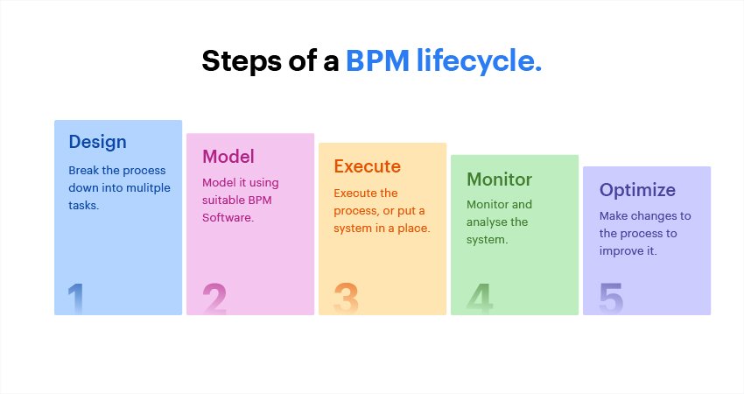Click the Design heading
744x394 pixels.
97,142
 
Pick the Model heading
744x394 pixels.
228,157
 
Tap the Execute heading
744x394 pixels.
367,166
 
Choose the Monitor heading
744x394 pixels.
499,179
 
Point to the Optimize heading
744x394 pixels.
637,190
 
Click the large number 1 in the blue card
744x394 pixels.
76,299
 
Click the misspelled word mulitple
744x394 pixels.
149,188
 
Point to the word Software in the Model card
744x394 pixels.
228,218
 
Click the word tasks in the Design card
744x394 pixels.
83,206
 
